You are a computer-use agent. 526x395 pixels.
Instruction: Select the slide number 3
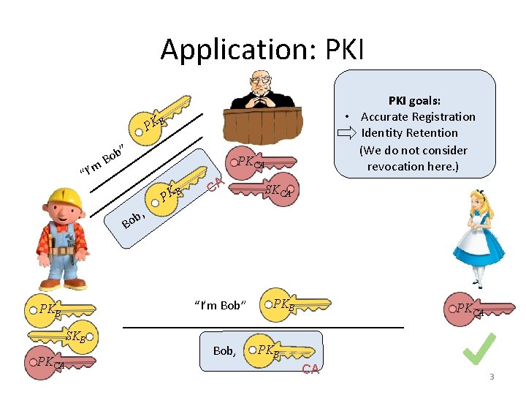coord(492,377)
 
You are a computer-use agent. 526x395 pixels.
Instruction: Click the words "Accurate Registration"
coord(417,117)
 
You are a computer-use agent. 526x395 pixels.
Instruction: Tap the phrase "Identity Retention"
coord(409,133)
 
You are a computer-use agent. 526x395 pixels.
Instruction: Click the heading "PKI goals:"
coord(413,101)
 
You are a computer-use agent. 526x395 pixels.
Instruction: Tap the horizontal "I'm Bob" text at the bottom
coord(221,305)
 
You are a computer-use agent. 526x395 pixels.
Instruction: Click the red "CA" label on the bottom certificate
coord(310,369)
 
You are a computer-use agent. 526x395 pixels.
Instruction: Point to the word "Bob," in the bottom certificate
coord(224,351)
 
